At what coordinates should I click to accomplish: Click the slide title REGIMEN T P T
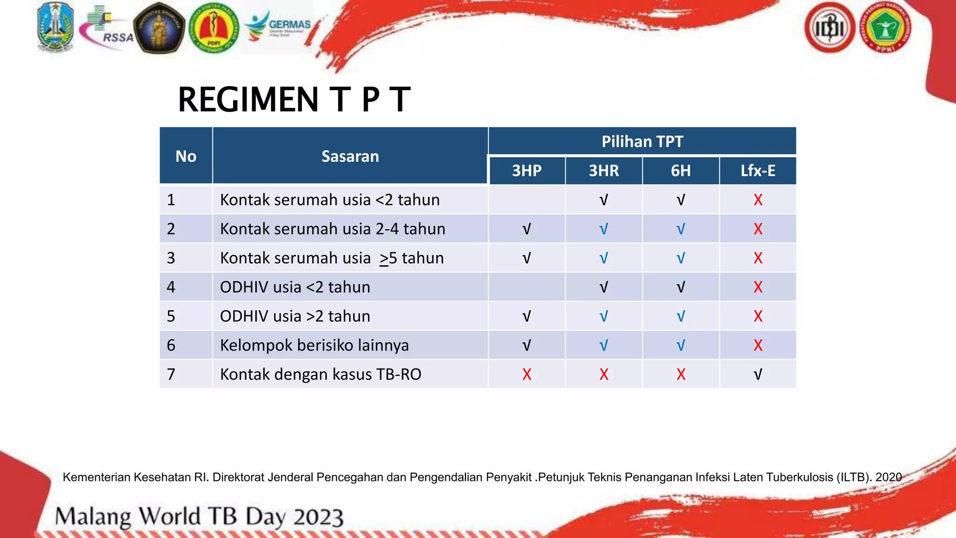click(x=294, y=100)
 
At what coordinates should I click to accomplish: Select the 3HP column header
click(x=527, y=171)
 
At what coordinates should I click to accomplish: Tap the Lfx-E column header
click(x=758, y=171)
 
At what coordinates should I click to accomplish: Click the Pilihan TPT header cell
click(x=642, y=142)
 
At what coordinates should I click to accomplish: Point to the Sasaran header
click(x=350, y=156)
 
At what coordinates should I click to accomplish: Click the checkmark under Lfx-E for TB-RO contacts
click(x=758, y=375)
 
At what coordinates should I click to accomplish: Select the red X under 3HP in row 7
click(x=527, y=375)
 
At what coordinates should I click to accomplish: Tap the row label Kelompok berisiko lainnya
click(x=314, y=346)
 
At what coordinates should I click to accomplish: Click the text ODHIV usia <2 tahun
click(x=295, y=287)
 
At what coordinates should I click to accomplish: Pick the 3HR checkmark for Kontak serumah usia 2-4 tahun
click(x=604, y=229)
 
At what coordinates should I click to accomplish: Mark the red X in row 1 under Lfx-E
click(x=758, y=200)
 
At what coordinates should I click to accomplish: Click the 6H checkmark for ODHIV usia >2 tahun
click(x=681, y=317)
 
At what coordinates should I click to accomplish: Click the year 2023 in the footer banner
click(x=318, y=517)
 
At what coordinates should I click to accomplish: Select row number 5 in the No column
click(x=171, y=317)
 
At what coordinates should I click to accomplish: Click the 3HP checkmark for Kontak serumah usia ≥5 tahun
click(x=527, y=258)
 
